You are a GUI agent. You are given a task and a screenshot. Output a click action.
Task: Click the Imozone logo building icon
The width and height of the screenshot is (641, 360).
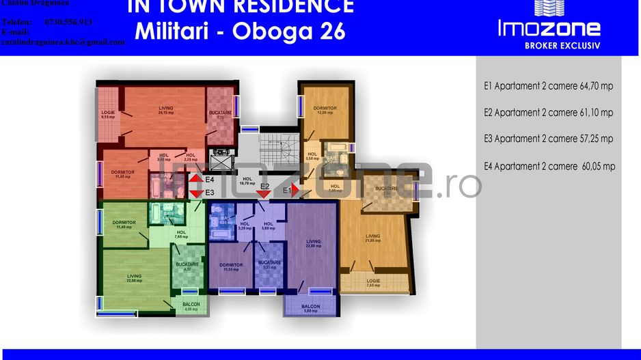pos(549,8)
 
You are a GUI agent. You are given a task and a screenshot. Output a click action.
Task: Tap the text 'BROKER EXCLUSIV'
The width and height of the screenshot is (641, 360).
pos(549,46)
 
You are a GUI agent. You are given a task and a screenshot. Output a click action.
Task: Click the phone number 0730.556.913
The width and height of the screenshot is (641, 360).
pos(68,22)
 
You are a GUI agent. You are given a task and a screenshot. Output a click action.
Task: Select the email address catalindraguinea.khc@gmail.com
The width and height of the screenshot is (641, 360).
pos(63,42)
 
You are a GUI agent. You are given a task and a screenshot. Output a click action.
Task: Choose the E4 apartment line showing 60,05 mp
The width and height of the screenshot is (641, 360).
pos(549,166)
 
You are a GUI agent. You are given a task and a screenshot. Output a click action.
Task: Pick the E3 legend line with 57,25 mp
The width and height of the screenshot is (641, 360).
pos(548,139)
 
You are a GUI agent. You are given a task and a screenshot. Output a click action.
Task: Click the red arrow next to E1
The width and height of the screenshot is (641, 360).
pos(295,191)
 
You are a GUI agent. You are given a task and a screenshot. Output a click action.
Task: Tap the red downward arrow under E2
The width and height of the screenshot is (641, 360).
pos(262,193)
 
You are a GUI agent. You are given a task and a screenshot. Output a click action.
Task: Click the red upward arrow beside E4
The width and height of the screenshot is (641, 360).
pos(195,180)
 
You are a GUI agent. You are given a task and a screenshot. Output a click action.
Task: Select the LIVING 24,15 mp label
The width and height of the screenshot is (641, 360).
pos(165,110)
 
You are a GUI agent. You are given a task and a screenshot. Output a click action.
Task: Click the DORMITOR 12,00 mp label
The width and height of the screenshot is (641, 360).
pos(325,110)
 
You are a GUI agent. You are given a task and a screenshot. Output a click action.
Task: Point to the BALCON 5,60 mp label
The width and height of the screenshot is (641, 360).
pos(310,308)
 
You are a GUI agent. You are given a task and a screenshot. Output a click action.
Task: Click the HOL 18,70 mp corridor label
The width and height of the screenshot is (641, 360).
pos(247,181)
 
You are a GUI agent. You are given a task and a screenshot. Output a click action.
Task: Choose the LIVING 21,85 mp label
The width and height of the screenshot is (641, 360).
pos(372,238)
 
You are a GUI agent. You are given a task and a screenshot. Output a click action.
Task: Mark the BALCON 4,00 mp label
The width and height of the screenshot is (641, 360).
pos(191,307)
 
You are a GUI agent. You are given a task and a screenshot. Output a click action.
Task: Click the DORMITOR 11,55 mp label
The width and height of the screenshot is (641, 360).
pos(232,267)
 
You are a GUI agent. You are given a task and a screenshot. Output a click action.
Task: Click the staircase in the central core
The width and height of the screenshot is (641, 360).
pos(276,143)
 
